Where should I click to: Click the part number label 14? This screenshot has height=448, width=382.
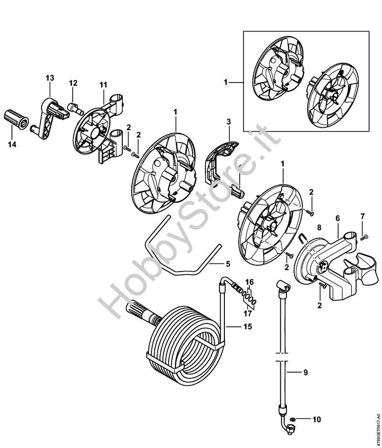(12, 145)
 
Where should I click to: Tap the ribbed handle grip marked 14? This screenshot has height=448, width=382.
(16, 119)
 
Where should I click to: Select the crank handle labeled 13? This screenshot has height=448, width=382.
(50, 118)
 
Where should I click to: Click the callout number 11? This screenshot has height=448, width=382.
(103, 85)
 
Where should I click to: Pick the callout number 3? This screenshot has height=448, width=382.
(228, 122)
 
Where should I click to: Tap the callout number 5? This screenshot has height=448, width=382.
(228, 264)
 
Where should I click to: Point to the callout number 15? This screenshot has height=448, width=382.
(248, 326)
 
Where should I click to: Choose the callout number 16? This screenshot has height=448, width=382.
(249, 282)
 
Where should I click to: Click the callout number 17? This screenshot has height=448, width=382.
(248, 313)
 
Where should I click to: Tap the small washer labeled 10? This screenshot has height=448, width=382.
(292, 419)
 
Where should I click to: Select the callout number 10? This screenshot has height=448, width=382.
(317, 419)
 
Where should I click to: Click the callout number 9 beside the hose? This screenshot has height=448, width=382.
(306, 373)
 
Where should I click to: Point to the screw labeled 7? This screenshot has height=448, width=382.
(364, 237)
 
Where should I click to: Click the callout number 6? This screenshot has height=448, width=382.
(338, 219)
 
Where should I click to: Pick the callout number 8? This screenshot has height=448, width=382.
(319, 228)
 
